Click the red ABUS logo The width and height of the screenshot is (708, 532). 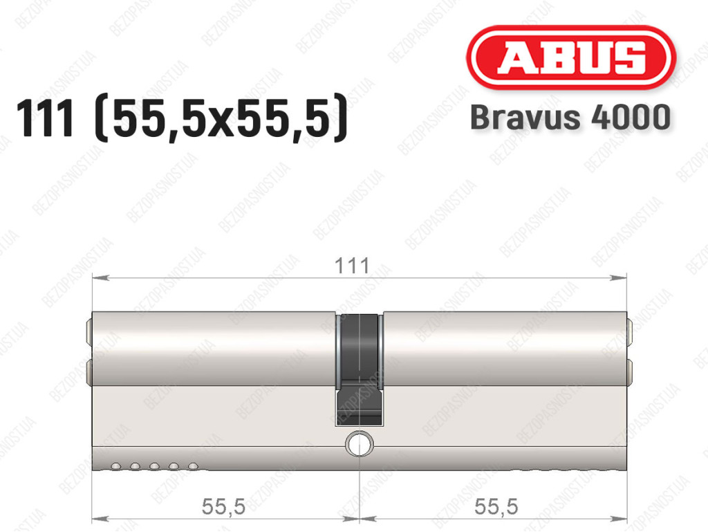pyautogui.click(x=570, y=57)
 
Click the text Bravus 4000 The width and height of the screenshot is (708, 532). pyautogui.click(x=570, y=117)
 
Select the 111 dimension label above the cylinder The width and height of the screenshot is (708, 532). pyautogui.click(x=352, y=266)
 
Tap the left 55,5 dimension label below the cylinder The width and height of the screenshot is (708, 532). pyautogui.click(x=223, y=506)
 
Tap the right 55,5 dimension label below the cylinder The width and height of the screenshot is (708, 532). pyautogui.click(x=496, y=506)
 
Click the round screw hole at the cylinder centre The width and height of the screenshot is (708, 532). pyautogui.click(x=360, y=444)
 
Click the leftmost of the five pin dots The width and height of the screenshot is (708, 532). pyautogui.click(x=115, y=466)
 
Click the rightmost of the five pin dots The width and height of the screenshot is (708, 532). pyautogui.click(x=194, y=466)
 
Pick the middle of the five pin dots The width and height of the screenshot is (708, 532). pyautogui.click(x=154, y=466)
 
